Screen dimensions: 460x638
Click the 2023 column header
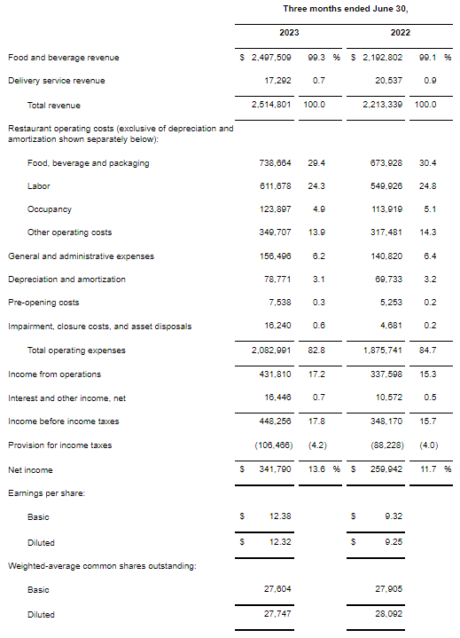(x=290, y=33)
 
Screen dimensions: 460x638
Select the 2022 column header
(x=401, y=33)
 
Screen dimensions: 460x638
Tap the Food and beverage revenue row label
(x=63, y=58)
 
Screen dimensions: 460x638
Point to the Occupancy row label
(x=50, y=209)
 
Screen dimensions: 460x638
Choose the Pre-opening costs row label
(x=43, y=303)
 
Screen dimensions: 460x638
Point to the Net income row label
(x=30, y=469)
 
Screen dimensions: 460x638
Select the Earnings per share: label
(x=46, y=492)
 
